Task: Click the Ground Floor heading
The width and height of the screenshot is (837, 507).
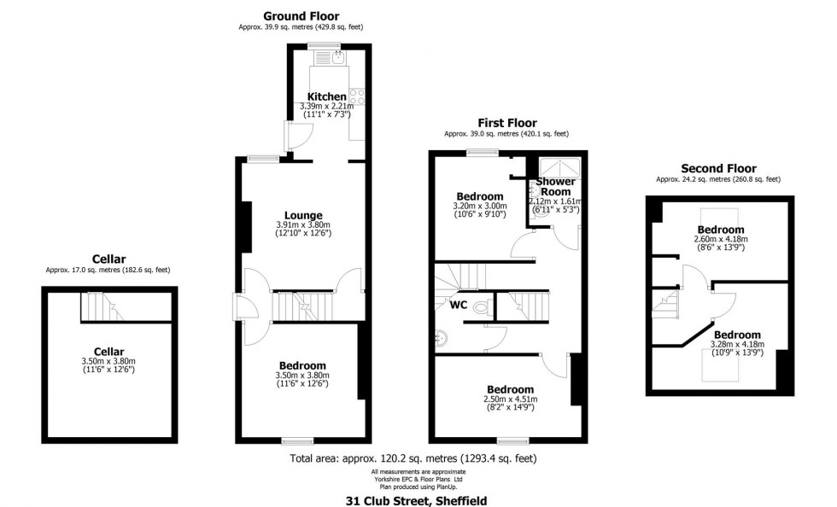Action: (x=300, y=15)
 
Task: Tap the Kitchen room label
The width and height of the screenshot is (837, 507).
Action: (x=327, y=96)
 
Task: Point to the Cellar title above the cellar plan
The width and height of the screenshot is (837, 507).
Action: (x=108, y=259)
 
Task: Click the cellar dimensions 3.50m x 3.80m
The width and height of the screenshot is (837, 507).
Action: (x=108, y=361)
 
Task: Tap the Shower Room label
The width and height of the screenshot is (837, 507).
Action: (x=556, y=187)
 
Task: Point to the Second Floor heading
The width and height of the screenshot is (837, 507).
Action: (x=717, y=168)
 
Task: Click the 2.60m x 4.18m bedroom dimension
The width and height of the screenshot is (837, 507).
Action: (x=721, y=240)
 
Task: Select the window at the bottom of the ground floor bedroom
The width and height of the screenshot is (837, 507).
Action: (x=297, y=441)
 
